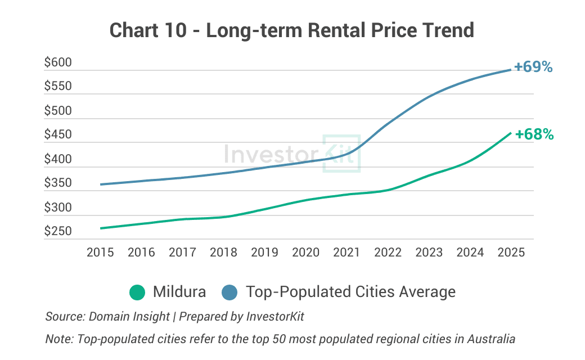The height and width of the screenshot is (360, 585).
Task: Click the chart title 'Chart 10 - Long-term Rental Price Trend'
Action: pos(292,30)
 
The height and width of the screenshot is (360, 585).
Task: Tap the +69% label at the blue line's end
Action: pos(533,66)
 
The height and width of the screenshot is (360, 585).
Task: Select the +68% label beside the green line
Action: pos(534,134)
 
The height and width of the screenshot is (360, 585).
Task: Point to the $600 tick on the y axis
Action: pos(58,62)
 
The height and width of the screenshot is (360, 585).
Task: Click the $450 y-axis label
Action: pos(58,135)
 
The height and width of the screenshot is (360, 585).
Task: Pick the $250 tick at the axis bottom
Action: pos(58,231)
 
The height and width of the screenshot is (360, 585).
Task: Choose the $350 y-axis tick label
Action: pos(58,183)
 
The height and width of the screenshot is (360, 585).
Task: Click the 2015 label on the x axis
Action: pos(100,252)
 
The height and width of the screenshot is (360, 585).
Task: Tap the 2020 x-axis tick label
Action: pos(305,252)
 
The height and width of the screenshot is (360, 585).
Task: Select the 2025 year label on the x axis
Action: pos(511,252)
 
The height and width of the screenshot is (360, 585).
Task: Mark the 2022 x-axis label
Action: pos(388,252)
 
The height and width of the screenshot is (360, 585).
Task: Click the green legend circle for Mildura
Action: pos(137,292)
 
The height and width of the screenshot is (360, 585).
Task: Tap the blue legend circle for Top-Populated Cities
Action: pos(231,292)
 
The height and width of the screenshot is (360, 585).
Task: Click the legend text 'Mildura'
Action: pos(179,292)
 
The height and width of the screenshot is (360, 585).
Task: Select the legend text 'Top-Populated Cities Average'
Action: pos(350,292)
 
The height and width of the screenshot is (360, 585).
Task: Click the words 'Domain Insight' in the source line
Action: pos(129,316)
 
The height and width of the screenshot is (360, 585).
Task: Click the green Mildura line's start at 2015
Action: pos(101,228)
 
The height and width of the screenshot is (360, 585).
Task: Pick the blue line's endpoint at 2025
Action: pos(510,70)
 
